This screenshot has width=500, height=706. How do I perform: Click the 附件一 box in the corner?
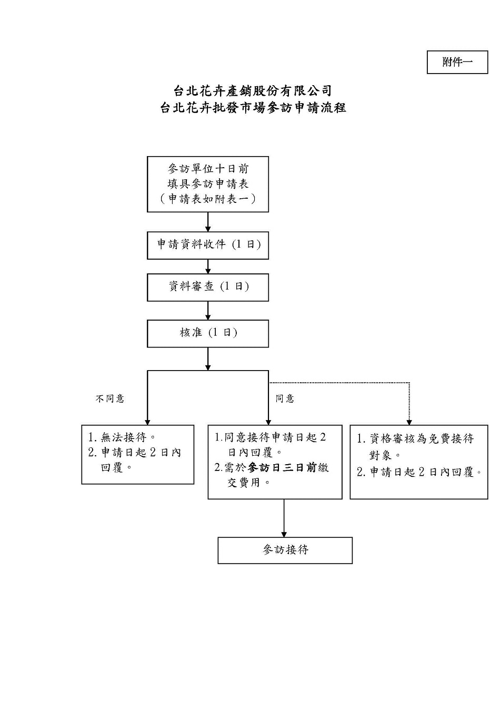click(457, 62)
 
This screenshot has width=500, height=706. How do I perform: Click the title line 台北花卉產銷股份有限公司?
click(253, 91)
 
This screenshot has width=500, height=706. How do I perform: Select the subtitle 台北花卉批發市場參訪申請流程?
click(253, 108)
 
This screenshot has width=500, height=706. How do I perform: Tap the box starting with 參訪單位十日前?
click(208, 184)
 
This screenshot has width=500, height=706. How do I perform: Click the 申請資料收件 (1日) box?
click(208, 245)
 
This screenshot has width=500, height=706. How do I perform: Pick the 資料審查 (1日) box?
click(208, 287)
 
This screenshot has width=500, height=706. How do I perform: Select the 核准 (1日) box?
click(208, 333)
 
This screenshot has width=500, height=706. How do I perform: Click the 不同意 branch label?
click(110, 398)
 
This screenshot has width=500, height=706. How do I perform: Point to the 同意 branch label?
click(285, 398)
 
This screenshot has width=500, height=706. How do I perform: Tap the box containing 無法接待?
click(138, 455)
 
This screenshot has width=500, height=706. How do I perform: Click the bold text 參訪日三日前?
click(282, 467)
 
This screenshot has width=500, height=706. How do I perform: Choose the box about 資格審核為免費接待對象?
click(419, 462)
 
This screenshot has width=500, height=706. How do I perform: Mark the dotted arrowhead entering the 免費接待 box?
click(409, 422)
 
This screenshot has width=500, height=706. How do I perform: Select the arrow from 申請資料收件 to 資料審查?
click(208, 267)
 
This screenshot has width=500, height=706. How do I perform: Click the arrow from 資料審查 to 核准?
click(208, 311)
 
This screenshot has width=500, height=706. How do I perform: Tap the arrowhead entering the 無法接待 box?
click(147, 422)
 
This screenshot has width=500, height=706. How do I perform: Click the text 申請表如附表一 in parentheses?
click(208, 199)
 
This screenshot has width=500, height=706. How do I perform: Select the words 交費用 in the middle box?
click(244, 483)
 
